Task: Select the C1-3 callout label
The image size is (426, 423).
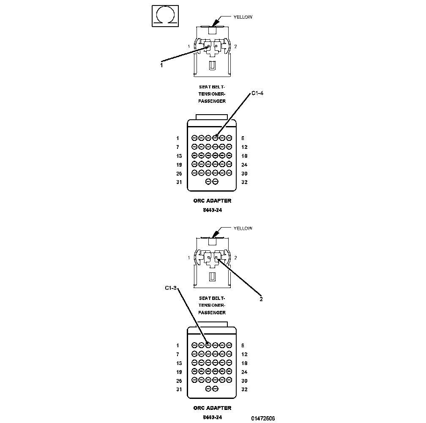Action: click(x=171, y=289)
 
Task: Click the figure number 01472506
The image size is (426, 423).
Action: click(x=263, y=418)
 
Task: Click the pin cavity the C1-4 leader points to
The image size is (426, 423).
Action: click(x=215, y=137)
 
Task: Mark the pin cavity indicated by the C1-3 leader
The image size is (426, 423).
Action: click(x=208, y=345)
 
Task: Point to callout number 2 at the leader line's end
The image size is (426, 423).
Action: click(x=261, y=299)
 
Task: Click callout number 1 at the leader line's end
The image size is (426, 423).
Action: click(x=161, y=65)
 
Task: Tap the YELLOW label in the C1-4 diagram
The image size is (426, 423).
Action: click(x=243, y=17)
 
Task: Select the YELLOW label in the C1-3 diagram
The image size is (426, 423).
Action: click(x=243, y=228)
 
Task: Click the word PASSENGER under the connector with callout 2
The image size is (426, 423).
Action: click(x=212, y=313)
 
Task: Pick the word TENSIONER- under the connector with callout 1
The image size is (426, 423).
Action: click(x=212, y=94)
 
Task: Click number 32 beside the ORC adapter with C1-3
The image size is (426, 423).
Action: click(x=244, y=390)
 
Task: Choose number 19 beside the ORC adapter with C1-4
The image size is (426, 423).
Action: click(x=179, y=165)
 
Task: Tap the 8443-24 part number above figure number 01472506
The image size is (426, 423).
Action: click(x=212, y=417)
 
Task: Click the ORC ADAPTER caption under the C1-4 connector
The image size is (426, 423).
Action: click(x=212, y=201)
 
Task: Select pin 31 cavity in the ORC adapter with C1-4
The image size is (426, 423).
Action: click(x=208, y=181)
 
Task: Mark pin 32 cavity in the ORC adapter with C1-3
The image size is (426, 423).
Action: click(x=215, y=389)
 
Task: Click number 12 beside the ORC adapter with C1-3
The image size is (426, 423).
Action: click(x=244, y=354)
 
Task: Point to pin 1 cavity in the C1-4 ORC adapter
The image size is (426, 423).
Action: click(x=194, y=137)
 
